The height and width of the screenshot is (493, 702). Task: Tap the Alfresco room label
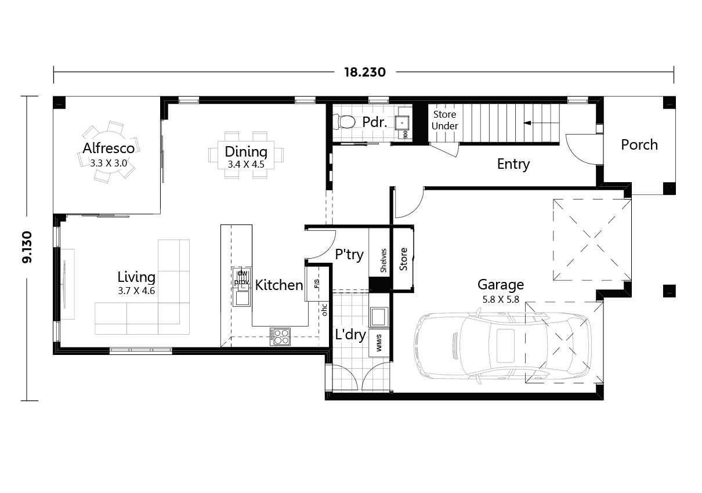[x=108, y=148]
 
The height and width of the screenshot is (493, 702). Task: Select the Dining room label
[x=246, y=152]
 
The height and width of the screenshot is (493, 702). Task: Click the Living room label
[x=136, y=277]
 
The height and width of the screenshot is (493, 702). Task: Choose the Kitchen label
[x=279, y=285]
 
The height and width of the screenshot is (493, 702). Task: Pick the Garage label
[x=500, y=284]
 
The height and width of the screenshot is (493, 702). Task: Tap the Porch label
[x=639, y=144]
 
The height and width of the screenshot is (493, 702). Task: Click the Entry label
[x=513, y=164]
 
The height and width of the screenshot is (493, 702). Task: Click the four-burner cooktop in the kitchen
[x=280, y=336]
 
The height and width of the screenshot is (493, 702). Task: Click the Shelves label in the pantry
[x=383, y=260]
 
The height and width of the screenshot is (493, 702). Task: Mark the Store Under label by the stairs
[x=445, y=120]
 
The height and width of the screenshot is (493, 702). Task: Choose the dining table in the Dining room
[x=246, y=154]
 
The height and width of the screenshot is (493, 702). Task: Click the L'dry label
[x=350, y=335]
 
